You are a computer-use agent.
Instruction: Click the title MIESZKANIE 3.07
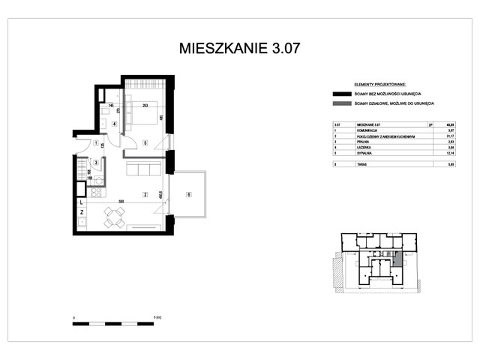pyautogui.click(x=239, y=49)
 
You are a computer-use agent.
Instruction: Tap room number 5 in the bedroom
pyautogui.click(x=144, y=142)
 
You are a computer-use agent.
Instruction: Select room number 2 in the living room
pyautogui.click(x=144, y=195)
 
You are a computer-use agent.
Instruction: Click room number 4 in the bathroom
pyautogui.click(x=113, y=124)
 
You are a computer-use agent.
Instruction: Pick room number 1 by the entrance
pyautogui.click(x=96, y=142)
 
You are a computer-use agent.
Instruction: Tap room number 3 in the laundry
pyautogui.click(x=96, y=162)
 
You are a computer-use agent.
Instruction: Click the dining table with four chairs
pyautogui.click(x=114, y=219)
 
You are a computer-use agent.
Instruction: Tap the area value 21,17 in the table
pyautogui.click(x=429, y=136)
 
